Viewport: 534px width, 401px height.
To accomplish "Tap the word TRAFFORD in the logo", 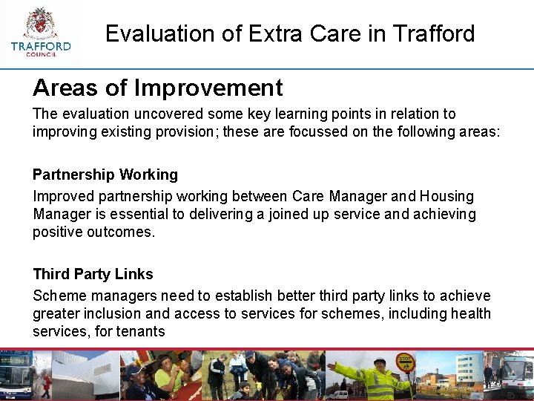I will click(x=41, y=46).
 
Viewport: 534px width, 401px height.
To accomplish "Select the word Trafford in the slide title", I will click(x=434, y=33).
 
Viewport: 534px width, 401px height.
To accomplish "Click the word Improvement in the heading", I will click(x=208, y=88).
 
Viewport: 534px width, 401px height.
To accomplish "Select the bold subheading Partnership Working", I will click(x=105, y=175).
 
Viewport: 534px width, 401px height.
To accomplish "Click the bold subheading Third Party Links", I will click(x=93, y=274).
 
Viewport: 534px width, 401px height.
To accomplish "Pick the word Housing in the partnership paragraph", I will click(x=446, y=196).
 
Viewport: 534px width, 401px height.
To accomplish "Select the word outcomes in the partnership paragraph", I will click(x=122, y=232).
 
